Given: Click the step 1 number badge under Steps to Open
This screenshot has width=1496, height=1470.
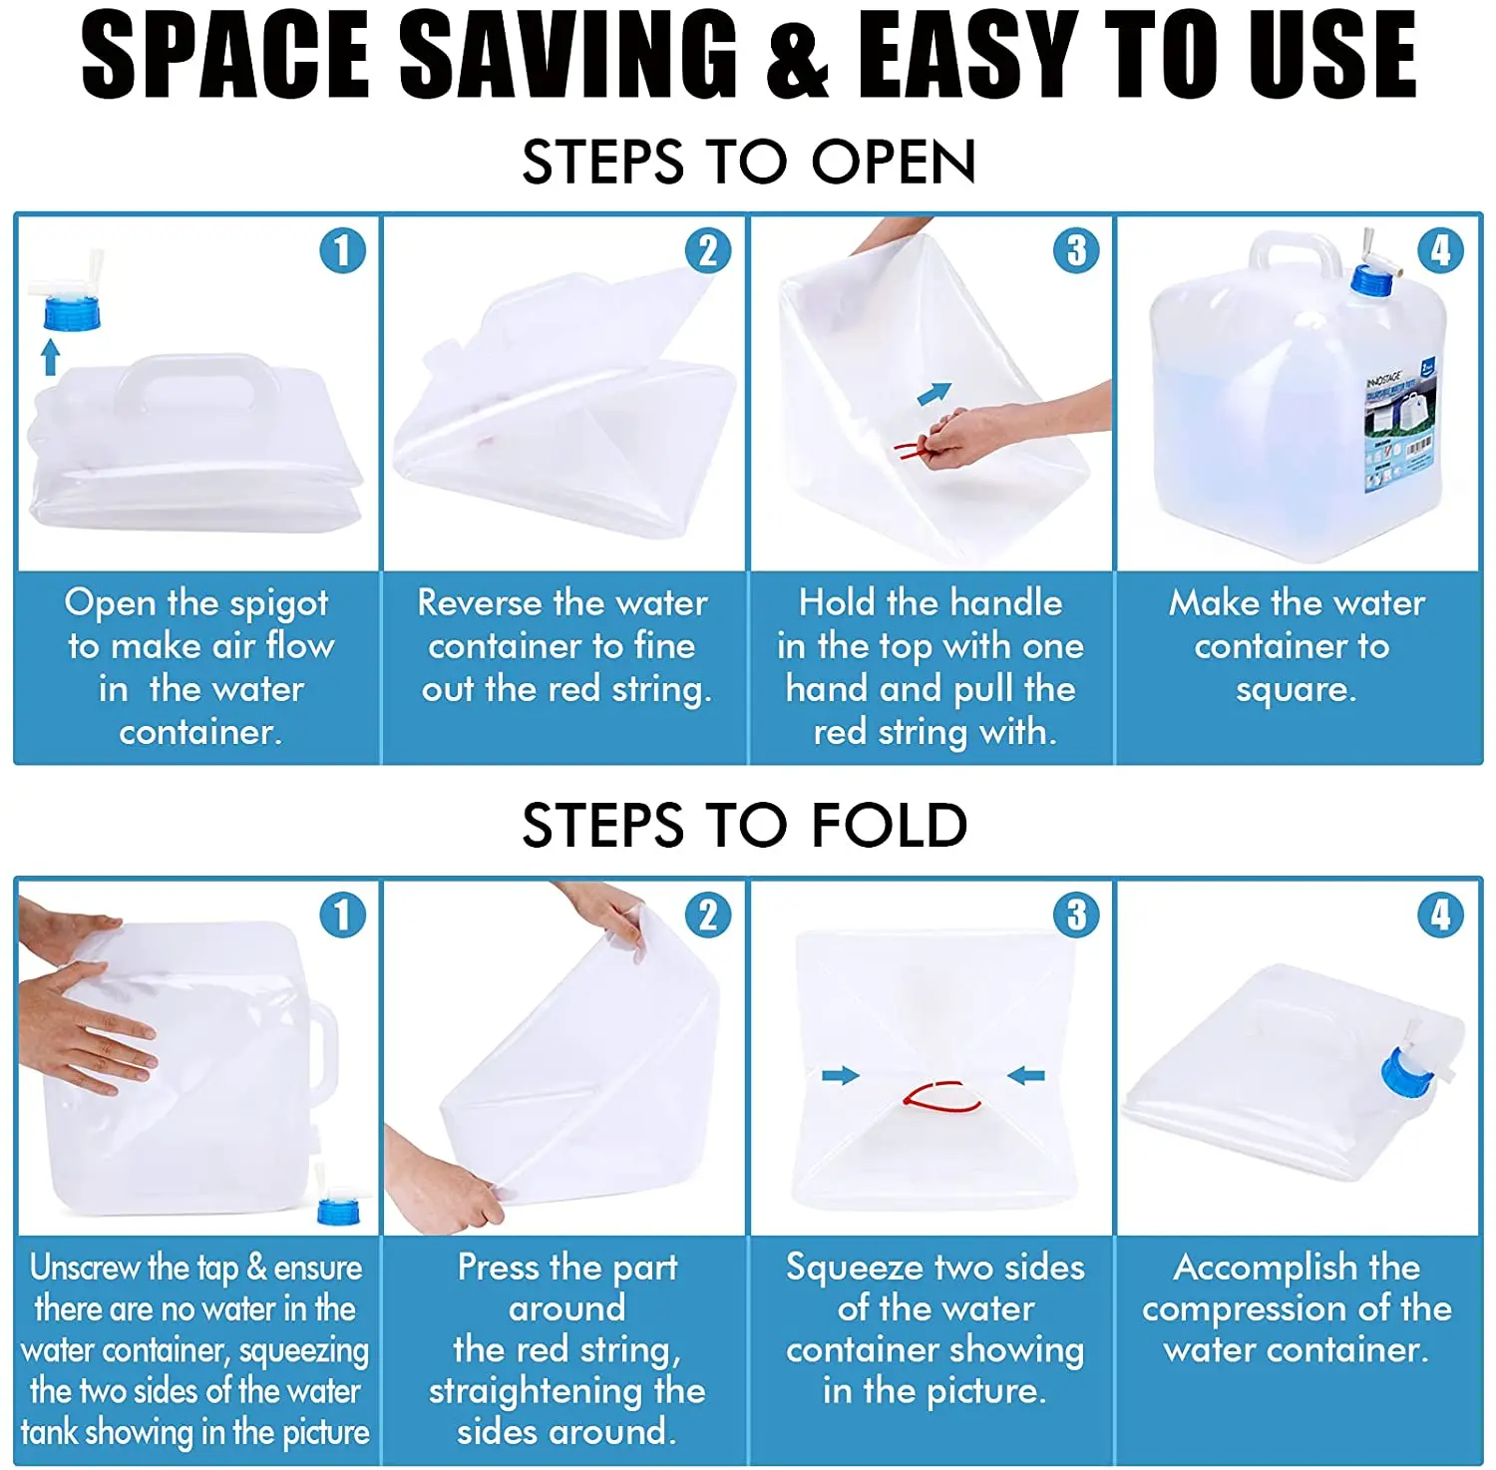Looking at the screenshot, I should (342, 251).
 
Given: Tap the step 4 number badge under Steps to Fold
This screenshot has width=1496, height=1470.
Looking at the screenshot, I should (1440, 916).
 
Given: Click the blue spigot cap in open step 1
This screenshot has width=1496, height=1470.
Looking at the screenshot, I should (72, 312).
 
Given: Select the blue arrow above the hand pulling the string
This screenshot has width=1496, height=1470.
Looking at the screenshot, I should (935, 394).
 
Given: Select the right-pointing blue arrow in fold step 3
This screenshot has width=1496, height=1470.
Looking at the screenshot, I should (840, 1075).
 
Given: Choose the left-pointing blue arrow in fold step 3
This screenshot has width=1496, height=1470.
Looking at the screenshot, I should (1026, 1075).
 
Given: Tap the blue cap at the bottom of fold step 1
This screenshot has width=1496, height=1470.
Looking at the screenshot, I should (338, 1210).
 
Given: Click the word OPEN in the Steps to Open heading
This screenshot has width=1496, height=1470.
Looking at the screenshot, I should (893, 162).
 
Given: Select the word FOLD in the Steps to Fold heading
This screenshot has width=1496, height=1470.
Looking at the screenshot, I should (889, 826).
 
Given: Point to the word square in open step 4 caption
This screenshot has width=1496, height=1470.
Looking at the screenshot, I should (1295, 689).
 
